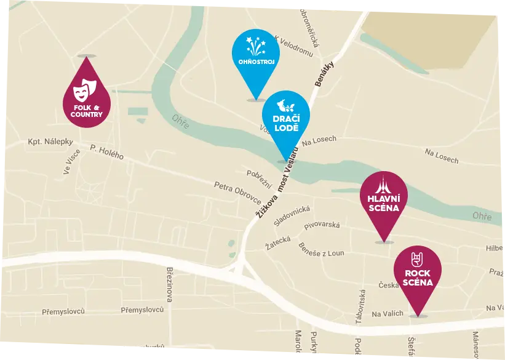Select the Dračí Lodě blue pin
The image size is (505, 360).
coord(285,119)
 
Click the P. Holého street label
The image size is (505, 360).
coord(106,151)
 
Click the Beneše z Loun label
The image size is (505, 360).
coord(322,249)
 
